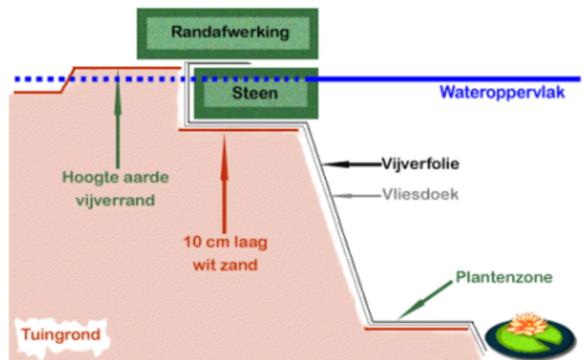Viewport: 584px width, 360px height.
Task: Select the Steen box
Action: tap(256, 92)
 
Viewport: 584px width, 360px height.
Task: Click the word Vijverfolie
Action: tap(420, 164)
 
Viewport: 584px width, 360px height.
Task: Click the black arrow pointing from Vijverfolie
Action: tap(351, 164)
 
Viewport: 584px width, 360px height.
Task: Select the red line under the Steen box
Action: tap(238, 130)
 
